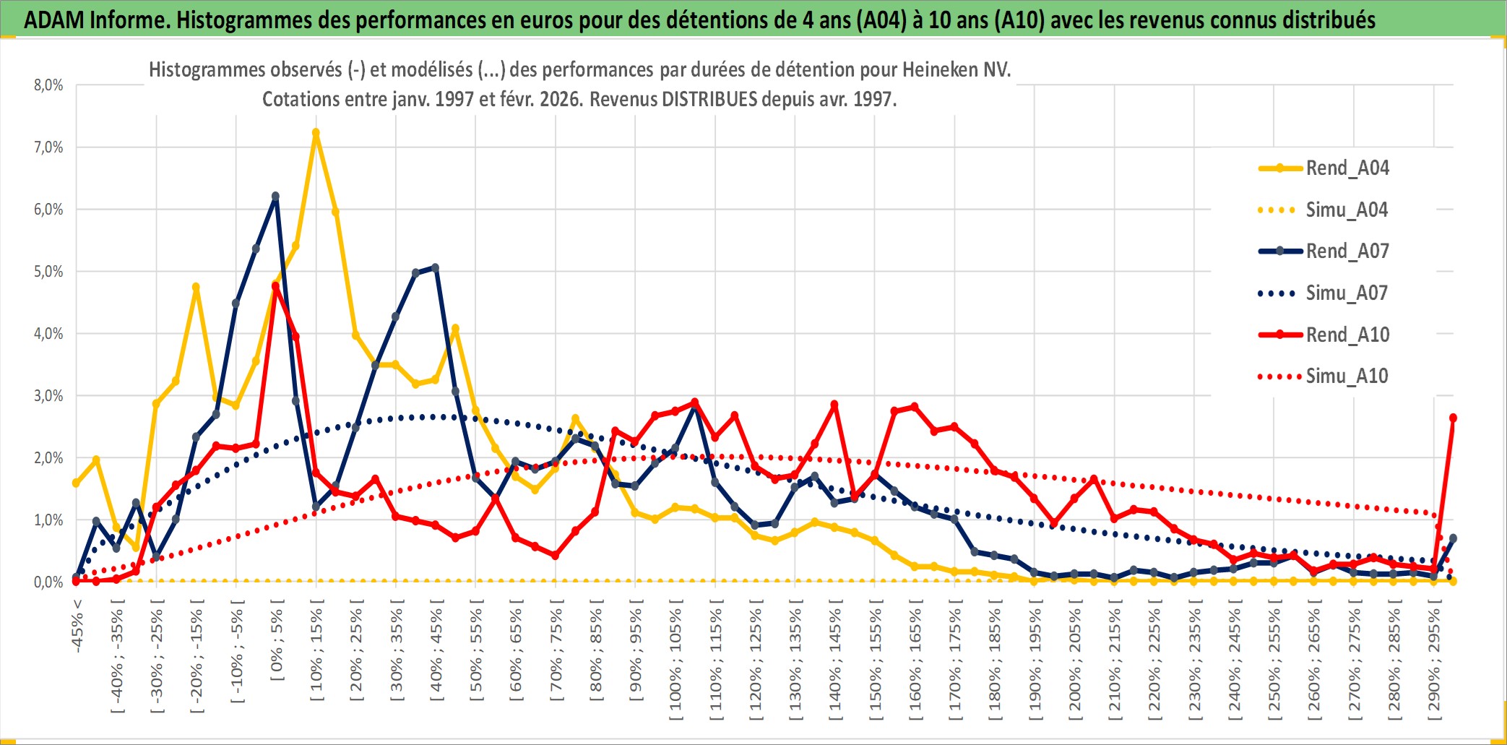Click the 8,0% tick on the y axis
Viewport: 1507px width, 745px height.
point(48,85)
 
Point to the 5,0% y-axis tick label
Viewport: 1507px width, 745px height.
point(48,272)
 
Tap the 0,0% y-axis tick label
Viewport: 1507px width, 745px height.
point(48,582)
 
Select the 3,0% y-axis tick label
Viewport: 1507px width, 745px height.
point(48,396)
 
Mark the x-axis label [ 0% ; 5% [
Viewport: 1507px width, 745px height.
point(277,645)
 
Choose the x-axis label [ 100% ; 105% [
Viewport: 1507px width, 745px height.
point(675,663)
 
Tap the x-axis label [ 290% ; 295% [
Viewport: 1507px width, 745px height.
point(1434,663)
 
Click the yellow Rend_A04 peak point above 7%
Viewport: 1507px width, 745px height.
point(316,133)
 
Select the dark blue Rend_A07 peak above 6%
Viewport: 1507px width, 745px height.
point(275,196)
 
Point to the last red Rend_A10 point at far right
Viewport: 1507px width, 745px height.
point(1453,418)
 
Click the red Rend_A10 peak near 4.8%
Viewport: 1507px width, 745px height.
point(275,286)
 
